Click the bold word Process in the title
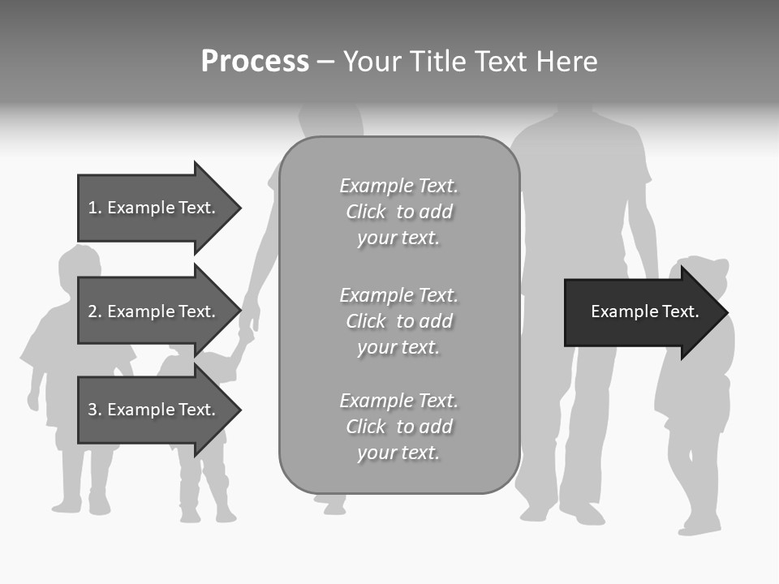[x=255, y=62]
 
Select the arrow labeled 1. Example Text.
[x=154, y=208]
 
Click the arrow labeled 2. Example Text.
[x=154, y=311]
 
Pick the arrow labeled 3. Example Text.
[x=154, y=410]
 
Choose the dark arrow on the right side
[x=641, y=312]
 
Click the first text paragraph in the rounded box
[x=398, y=212]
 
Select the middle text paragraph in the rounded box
[x=398, y=321]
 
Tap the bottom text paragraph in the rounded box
[x=398, y=427]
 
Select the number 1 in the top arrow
[x=93, y=208]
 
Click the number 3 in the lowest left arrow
[x=93, y=410]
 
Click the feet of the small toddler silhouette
[x=207, y=514]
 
